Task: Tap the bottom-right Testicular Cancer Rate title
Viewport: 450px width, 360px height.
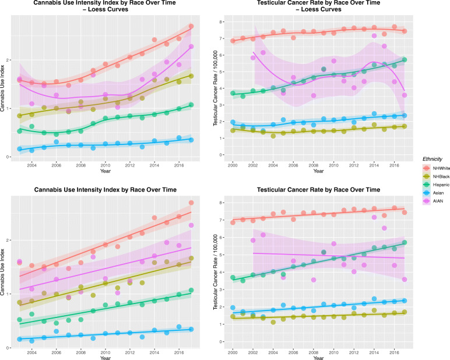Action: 329,190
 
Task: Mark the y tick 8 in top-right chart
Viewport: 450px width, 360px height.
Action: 222,22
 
